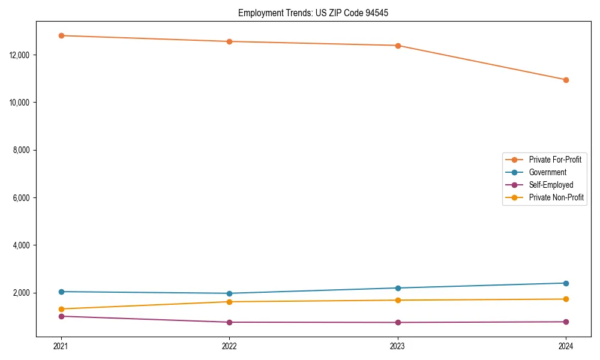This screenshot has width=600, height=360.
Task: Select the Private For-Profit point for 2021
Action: pyautogui.click(x=61, y=35)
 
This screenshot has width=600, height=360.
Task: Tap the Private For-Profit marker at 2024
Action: pyautogui.click(x=566, y=80)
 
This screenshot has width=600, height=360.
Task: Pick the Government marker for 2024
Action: pyautogui.click(x=566, y=283)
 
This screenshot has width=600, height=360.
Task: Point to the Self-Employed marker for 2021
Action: pyautogui.click(x=61, y=316)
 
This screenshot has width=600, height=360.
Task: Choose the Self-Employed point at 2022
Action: pyautogui.click(x=229, y=322)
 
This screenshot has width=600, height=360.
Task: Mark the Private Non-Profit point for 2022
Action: pyautogui.click(x=229, y=302)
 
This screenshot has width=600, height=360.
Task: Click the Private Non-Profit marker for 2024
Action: pyautogui.click(x=566, y=299)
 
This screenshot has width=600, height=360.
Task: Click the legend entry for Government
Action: pyautogui.click(x=547, y=172)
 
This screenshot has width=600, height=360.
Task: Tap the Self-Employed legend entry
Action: pyautogui.click(x=551, y=185)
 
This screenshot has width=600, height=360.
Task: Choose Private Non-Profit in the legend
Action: pyautogui.click(x=556, y=197)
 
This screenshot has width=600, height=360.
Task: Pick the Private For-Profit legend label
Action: pyautogui.click(x=555, y=160)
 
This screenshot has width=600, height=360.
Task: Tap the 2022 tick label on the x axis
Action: pyautogui.click(x=229, y=346)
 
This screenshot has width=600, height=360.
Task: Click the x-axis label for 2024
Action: pyautogui.click(x=566, y=346)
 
